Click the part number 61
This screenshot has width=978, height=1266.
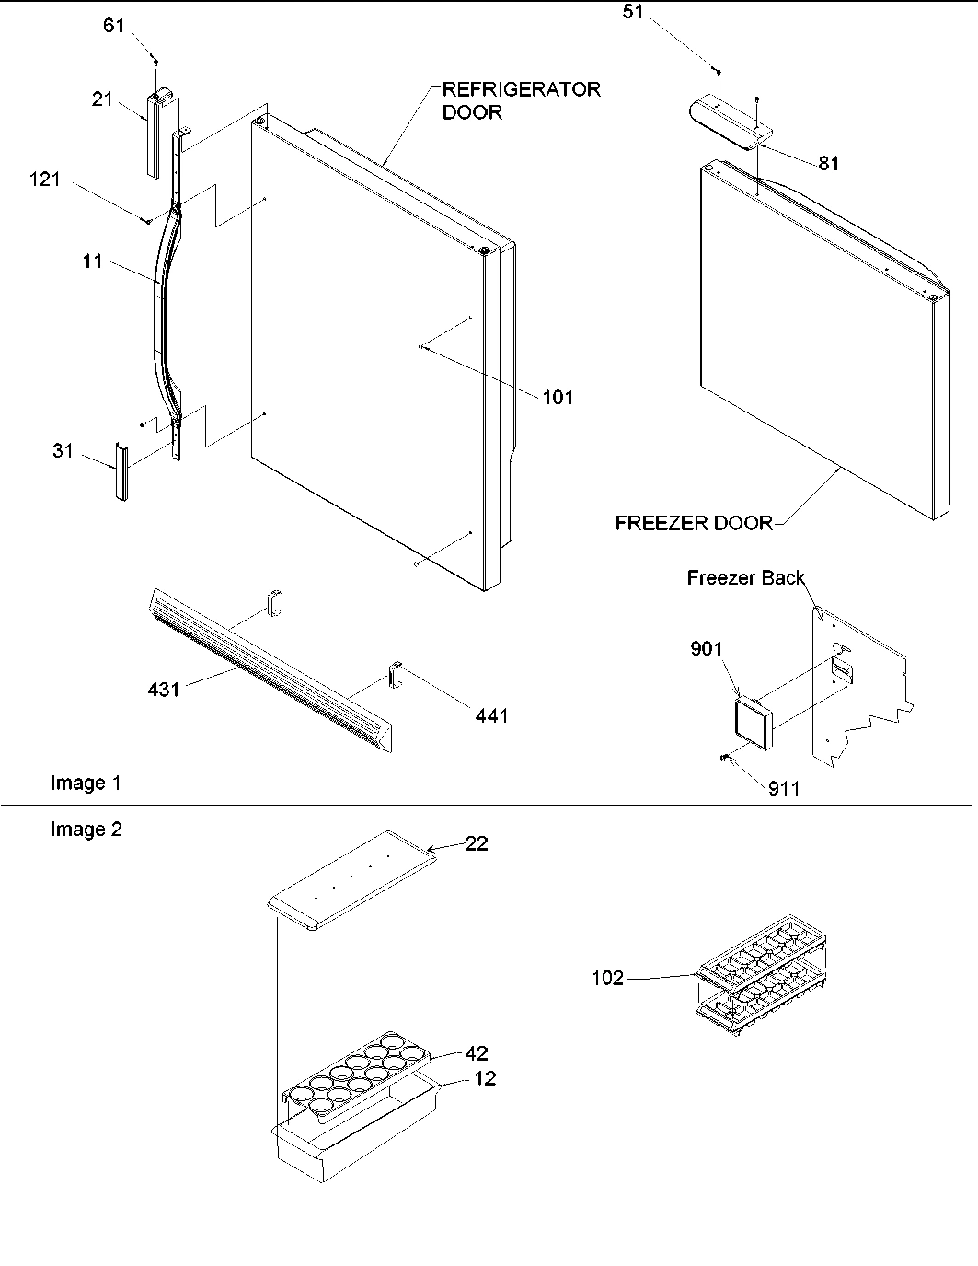[113, 26]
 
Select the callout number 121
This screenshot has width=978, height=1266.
[44, 180]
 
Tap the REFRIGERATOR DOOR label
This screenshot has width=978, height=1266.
[521, 100]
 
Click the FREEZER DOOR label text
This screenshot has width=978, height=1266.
[694, 524]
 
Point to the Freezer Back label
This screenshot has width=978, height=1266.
[745, 578]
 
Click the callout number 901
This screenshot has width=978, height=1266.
[707, 649]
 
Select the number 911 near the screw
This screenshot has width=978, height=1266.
[784, 788]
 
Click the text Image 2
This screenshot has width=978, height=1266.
[86, 830]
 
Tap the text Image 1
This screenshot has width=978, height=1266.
[86, 783]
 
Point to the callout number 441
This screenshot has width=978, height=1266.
[491, 715]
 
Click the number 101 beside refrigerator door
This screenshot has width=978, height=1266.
[558, 398]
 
